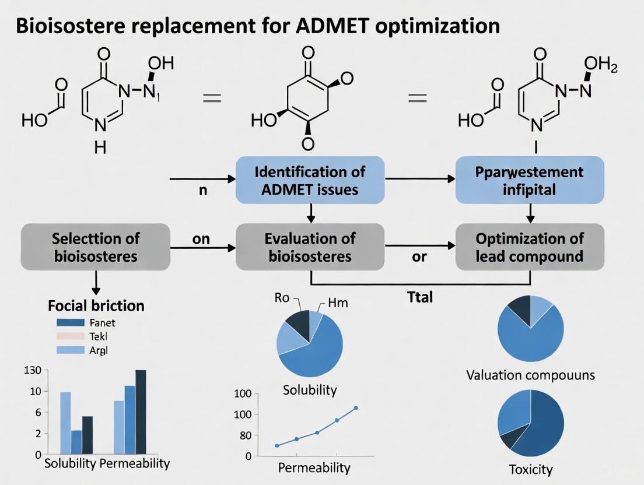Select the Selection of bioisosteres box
click(96, 247)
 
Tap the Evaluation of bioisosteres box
click(310, 247)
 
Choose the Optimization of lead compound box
click(529, 247)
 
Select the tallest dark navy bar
click(141, 412)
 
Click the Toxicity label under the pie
click(530, 469)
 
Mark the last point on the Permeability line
click(356, 408)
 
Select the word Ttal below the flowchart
click(419, 297)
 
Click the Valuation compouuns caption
click(530, 374)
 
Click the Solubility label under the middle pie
click(310, 389)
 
